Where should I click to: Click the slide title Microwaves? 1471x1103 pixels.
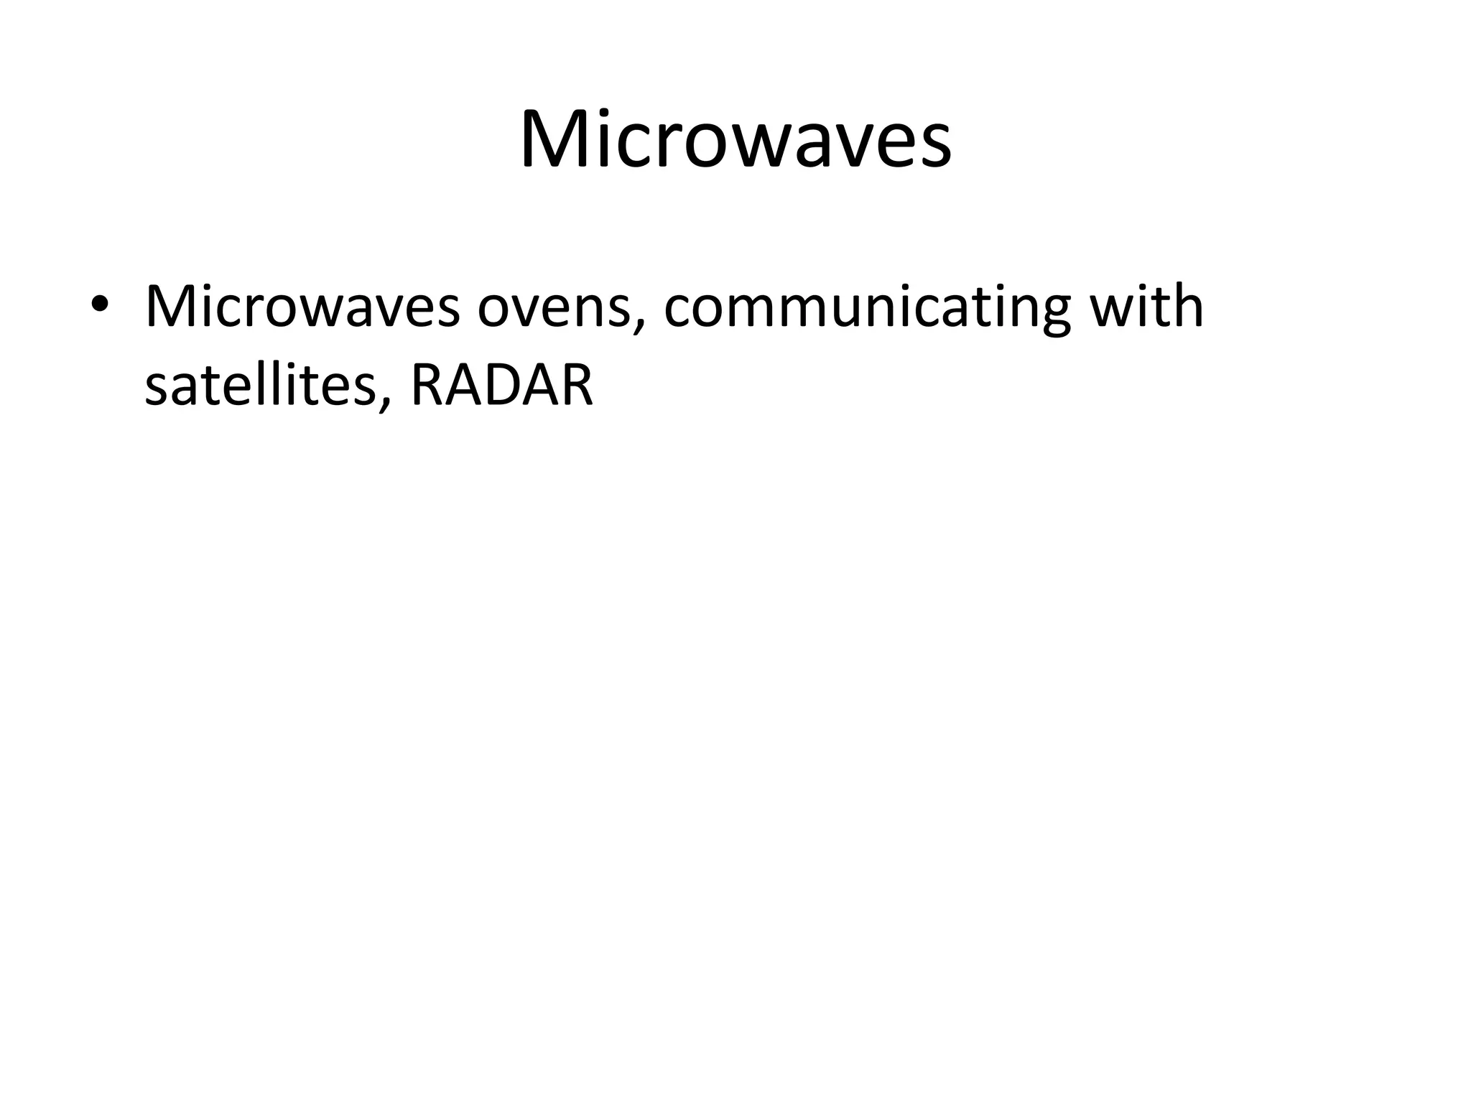[x=735, y=139]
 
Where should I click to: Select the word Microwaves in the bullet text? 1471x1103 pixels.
[x=302, y=307]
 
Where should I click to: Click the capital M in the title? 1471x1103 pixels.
[x=554, y=139]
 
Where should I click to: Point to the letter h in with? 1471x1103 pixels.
[x=1185, y=305]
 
